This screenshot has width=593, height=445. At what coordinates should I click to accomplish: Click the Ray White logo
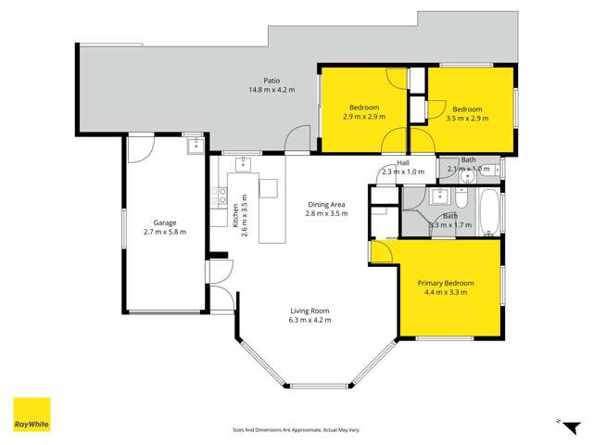click(x=32, y=414)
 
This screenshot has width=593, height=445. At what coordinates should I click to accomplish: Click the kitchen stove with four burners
click(x=220, y=196)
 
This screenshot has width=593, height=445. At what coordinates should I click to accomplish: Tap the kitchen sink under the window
click(x=245, y=165)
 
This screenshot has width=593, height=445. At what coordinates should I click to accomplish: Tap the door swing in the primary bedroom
click(x=381, y=251)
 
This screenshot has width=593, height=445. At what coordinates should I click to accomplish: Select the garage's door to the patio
click(x=141, y=148)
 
